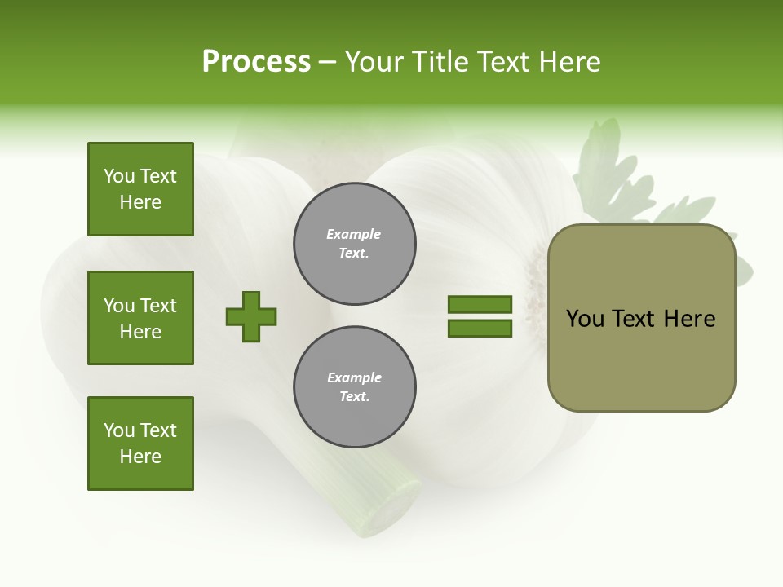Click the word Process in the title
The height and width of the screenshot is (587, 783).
256,62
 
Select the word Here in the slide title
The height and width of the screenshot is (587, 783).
568,62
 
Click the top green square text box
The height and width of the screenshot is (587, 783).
140,189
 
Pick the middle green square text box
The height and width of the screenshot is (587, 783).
140,318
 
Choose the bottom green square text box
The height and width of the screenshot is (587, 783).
140,444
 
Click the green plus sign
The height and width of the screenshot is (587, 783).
251,316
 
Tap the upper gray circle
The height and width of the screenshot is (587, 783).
355,244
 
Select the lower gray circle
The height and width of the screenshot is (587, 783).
355,387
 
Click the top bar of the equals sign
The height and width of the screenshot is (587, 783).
480,305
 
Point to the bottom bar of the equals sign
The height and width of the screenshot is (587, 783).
480,329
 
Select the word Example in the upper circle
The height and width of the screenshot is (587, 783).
354,234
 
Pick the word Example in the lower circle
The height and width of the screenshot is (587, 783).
354,377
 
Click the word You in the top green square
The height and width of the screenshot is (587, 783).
119,176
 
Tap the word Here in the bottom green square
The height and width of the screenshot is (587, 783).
140,457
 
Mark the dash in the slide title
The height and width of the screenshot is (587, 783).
328,62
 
